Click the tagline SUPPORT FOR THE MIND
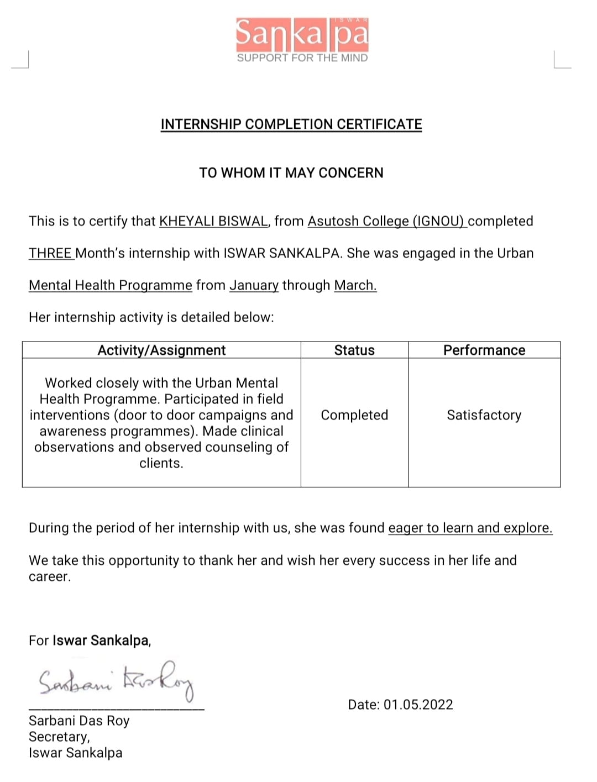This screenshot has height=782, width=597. (302, 58)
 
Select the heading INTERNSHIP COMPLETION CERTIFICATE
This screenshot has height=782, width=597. (291, 124)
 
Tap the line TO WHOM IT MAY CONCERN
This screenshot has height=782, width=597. (291, 173)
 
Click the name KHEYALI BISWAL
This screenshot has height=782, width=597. (213, 221)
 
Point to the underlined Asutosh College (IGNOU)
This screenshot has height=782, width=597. (386, 221)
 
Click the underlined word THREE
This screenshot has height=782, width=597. (50, 253)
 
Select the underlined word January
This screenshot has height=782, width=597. (254, 285)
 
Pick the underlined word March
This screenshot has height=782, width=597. (355, 285)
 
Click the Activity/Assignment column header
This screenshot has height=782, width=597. (161, 350)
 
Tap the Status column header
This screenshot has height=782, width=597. (354, 350)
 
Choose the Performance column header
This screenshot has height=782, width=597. (484, 350)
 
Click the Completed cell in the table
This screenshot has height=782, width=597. (354, 415)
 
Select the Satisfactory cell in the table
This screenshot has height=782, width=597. (484, 415)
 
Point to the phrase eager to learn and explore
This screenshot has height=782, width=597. (470, 528)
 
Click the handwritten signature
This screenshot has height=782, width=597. (116, 680)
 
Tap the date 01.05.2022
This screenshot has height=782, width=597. (418, 705)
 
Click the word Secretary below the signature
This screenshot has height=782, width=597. (59, 737)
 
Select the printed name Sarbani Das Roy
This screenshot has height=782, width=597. (79, 721)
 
